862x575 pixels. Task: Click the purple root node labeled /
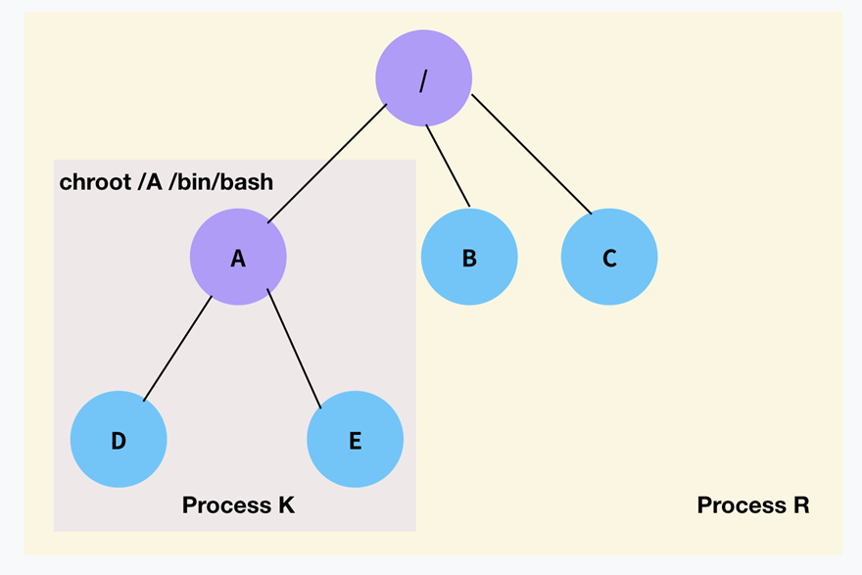pyautogui.click(x=423, y=78)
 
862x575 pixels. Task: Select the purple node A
pyautogui.click(x=238, y=257)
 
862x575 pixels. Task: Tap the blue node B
pyautogui.click(x=469, y=257)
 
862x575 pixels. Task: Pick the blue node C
pyautogui.click(x=609, y=257)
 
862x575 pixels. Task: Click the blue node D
pyautogui.click(x=119, y=439)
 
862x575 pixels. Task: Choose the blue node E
pyautogui.click(x=356, y=439)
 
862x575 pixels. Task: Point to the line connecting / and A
pyautogui.click(x=327, y=164)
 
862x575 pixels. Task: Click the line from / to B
pyautogui.click(x=448, y=166)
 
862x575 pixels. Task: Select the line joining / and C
pyautogui.click(x=532, y=154)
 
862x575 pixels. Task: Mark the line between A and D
pyautogui.click(x=177, y=349)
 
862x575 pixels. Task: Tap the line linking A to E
pyautogui.click(x=294, y=349)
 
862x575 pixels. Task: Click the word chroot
pyautogui.click(x=96, y=182)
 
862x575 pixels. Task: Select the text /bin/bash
pyautogui.click(x=221, y=182)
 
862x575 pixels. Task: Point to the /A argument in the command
pyautogui.click(x=150, y=182)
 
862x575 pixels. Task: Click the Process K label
pyautogui.click(x=238, y=505)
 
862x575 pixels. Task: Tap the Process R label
pyautogui.click(x=753, y=505)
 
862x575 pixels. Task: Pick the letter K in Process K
pyautogui.click(x=286, y=505)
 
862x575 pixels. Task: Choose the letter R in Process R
pyautogui.click(x=801, y=505)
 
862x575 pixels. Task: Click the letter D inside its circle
pyautogui.click(x=119, y=441)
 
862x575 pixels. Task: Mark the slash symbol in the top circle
pyautogui.click(x=423, y=81)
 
